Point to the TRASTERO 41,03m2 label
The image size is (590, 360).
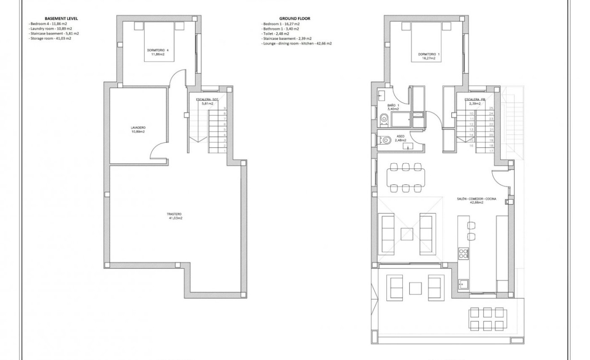point(175,216)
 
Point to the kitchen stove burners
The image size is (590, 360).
point(463,253)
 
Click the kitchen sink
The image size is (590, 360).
point(463,283)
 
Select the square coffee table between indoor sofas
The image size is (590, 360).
point(407,234)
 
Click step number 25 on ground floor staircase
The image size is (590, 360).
point(491,108)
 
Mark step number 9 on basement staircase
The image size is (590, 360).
point(224,108)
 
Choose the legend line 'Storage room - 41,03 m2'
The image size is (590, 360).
point(50,38)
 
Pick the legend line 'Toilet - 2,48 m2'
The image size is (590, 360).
point(275,33)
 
